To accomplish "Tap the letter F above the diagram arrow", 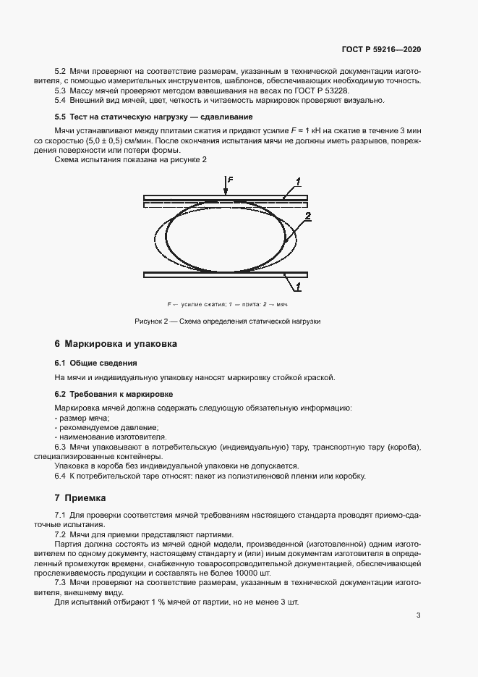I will (x=229, y=178).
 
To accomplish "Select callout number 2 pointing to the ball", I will (x=308, y=216).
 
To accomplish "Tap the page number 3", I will (x=419, y=616).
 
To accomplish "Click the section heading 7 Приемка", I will (x=80, y=498).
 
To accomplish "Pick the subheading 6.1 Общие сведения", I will (x=95, y=362).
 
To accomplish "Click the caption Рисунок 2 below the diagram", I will (x=227, y=320).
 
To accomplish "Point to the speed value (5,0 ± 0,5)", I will (x=90, y=139).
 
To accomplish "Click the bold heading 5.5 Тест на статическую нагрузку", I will (x=153, y=117).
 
